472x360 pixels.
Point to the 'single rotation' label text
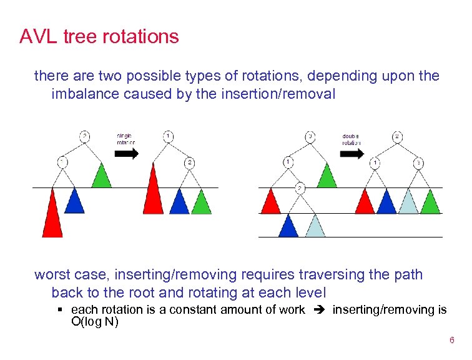click(125, 139)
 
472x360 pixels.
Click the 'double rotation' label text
click(351, 139)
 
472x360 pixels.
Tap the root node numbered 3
click(310, 136)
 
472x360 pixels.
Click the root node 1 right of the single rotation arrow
click(168, 136)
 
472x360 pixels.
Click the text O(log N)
click(95, 322)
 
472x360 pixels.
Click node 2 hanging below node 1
click(300, 187)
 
